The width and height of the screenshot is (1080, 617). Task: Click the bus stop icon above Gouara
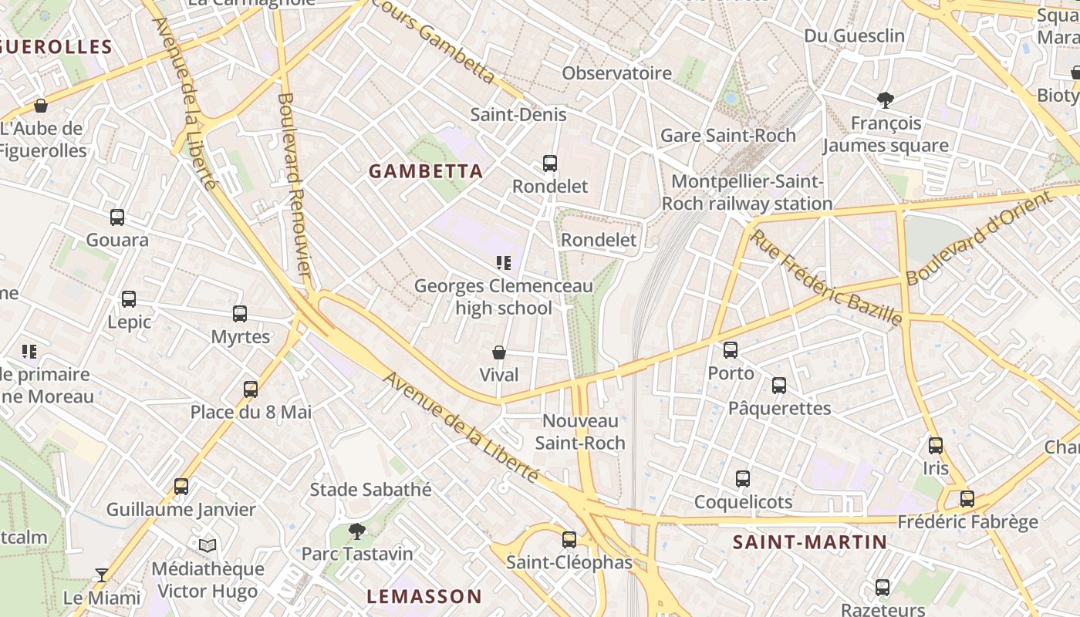(117, 217)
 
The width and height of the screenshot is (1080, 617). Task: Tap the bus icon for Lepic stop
(129, 299)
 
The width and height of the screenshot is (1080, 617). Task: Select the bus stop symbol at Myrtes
(240, 314)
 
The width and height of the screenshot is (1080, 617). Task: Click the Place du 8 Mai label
(251, 412)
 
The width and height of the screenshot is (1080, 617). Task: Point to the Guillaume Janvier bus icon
(181, 487)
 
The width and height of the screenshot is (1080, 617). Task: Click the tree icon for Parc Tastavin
(356, 531)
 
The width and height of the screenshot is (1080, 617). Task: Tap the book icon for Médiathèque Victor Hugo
(208, 546)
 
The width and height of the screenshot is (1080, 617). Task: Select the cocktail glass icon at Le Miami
(101, 575)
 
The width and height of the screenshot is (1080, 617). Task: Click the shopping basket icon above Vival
(499, 353)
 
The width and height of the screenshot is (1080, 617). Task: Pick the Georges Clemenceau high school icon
(504, 264)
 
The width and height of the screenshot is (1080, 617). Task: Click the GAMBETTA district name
(426, 171)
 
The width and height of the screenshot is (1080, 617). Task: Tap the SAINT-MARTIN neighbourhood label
(809, 542)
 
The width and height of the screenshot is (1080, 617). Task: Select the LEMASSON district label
(424, 596)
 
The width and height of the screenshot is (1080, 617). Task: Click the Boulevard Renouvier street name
(294, 185)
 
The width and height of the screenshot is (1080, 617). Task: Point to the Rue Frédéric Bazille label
(826, 277)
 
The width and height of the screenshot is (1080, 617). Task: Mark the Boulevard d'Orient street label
(979, 238)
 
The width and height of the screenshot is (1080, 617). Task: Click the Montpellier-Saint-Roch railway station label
(747, 193)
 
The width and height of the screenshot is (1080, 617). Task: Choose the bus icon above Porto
(731, 350)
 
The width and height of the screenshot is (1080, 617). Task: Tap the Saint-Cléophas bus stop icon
(569, 540)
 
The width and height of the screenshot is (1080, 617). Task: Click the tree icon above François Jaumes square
(886, 99)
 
